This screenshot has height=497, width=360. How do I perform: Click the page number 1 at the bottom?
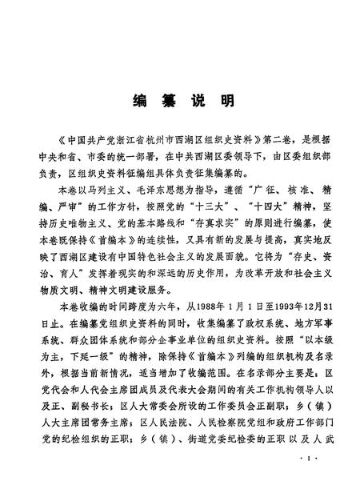[308, 479]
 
